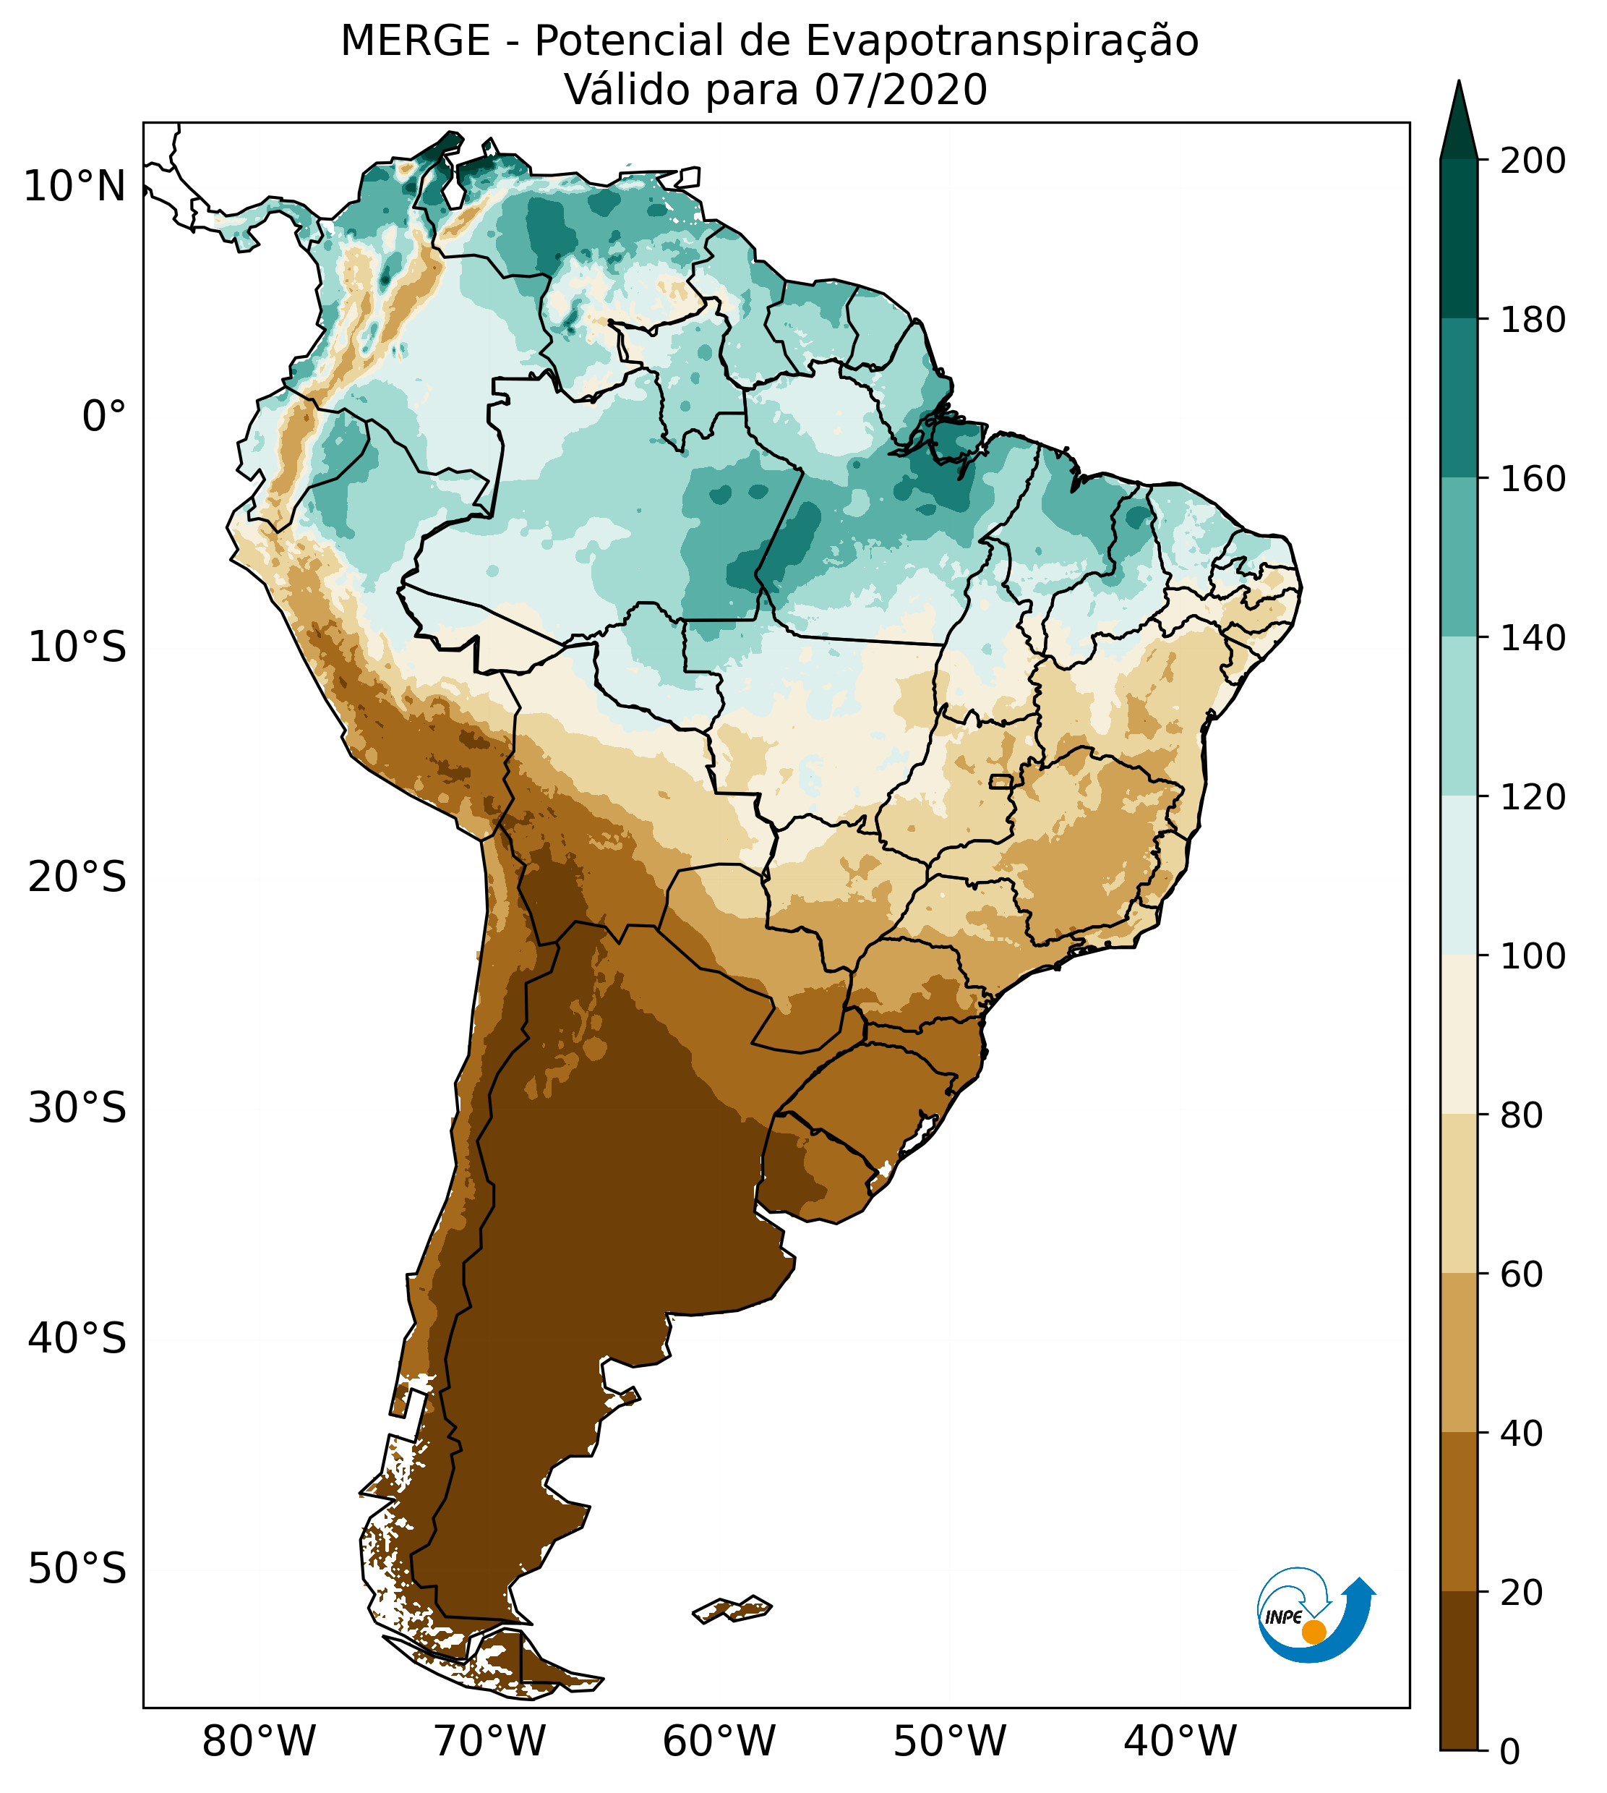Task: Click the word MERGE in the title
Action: (x=415, y=41)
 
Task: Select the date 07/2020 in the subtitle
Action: (x=900, y=90)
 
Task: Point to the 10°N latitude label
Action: (x=75, y=187)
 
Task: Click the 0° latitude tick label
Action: (x=104, y=416)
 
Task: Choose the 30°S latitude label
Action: (x=77, y=1109)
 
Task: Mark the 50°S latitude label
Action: (x=77, y=1570)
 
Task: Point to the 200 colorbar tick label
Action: (x=1533, y=161)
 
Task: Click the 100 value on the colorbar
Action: (x=1533, y=955)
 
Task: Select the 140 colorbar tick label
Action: (x=1533, y=638)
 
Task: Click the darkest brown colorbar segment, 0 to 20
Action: (x=1459, y=1670)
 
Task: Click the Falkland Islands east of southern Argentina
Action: (x=733, y=1609)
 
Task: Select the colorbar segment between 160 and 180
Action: (x=1459, y=399)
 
